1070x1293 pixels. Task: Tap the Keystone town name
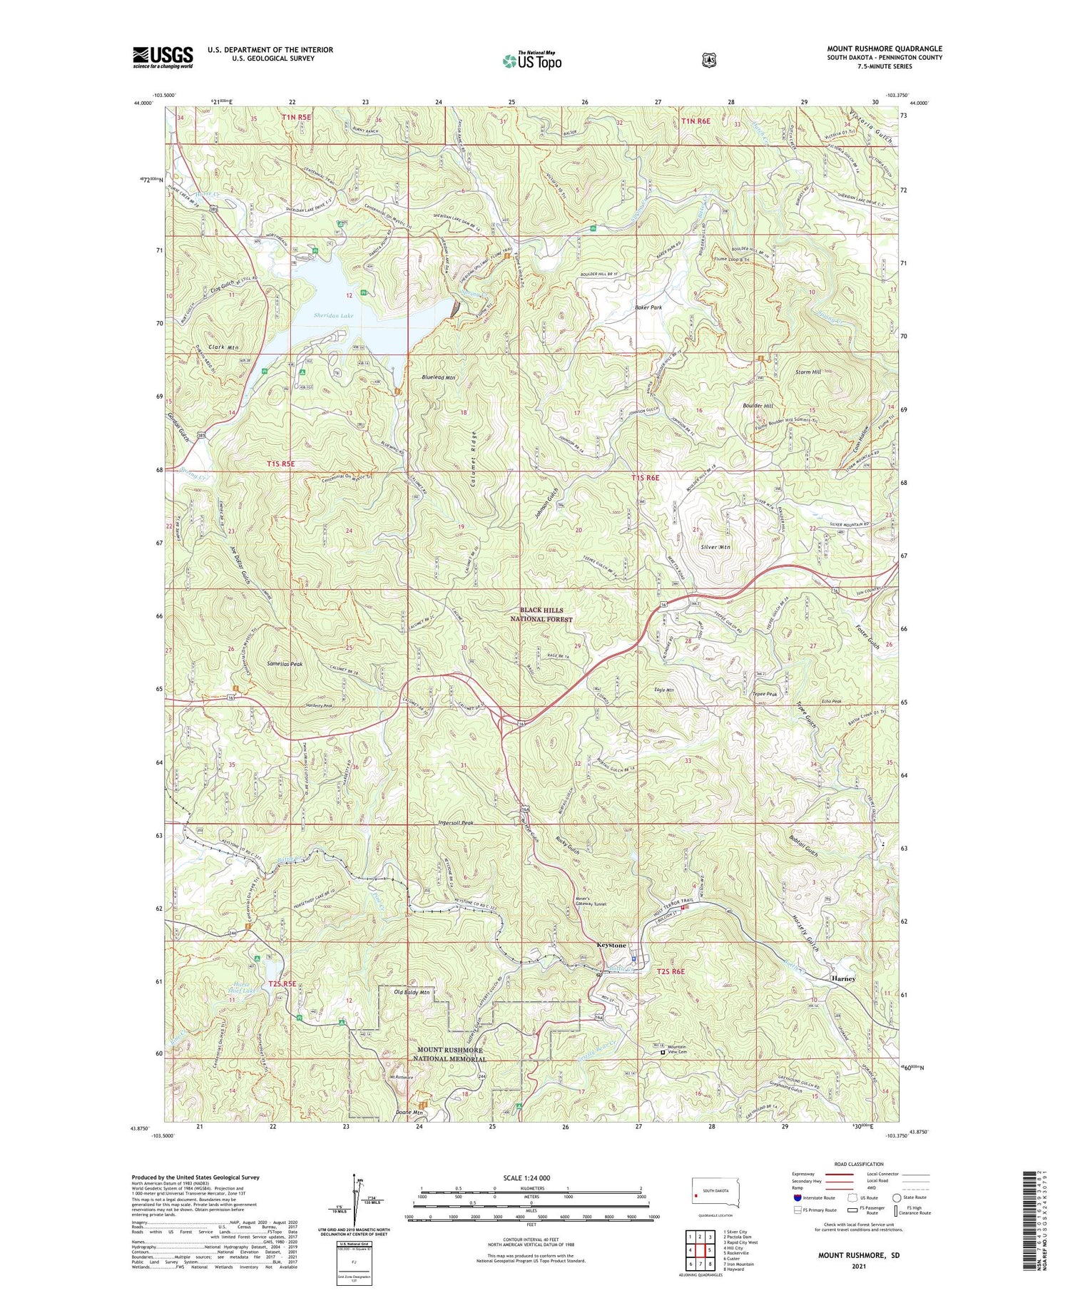(x=611, y=945)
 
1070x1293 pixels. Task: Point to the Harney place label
(x=842, y=978)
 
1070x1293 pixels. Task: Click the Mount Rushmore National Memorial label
(x=451, y=1055)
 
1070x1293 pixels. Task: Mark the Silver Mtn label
(x=716, y=546)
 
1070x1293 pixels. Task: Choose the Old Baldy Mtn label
(x=412, y=992)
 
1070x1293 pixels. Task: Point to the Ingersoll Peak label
(x=457, y=822)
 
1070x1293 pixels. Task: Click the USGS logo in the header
(x=163, y=57)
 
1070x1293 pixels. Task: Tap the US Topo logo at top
(x=531, y=61)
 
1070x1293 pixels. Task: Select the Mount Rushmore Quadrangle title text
(x=884, y=48)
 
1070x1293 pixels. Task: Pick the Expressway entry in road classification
(x=805, y=1174)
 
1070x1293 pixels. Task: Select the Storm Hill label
(x=808, y=372)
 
